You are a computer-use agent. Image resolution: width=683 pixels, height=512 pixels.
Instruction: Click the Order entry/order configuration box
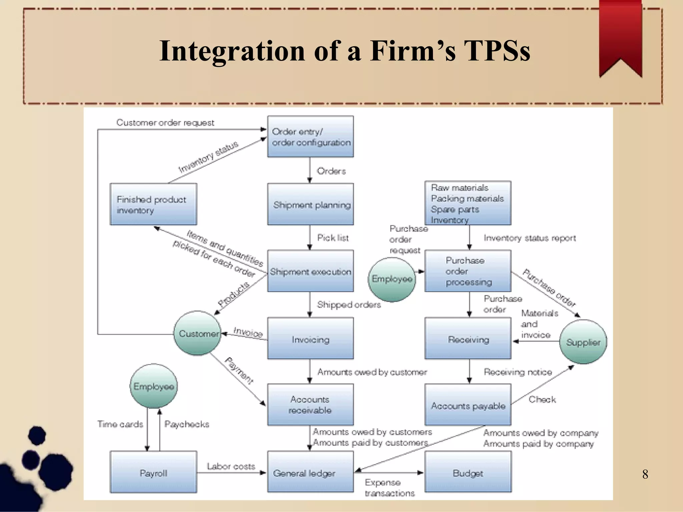[x=310, y=137]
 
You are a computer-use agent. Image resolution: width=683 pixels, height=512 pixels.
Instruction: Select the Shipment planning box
[x=310, y=204]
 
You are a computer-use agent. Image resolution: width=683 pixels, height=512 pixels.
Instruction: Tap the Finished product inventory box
[x=153, y=204]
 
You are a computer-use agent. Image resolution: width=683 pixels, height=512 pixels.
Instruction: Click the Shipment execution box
[x=310, y=271]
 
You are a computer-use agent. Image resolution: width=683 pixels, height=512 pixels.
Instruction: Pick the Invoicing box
[x=310, y=339]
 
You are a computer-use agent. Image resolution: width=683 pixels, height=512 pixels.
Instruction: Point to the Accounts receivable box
[x=310, y=405]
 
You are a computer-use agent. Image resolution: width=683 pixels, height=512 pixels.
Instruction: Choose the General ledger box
[x=310, y=472]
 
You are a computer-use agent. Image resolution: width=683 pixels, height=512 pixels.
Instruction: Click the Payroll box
[x=153, y=472]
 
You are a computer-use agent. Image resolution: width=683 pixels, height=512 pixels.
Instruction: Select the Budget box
[x=468, y=472]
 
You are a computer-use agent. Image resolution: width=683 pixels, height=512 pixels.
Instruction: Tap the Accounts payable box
[x=468, y=405]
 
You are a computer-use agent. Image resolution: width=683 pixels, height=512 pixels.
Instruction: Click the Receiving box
[x=468, y=339]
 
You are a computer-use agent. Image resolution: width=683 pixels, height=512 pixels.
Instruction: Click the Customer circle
[x=198, y=333]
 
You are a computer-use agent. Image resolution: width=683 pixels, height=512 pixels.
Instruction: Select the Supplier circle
[x=583, y=342]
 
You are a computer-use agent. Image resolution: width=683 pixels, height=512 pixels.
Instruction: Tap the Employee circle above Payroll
[x=153, y=386]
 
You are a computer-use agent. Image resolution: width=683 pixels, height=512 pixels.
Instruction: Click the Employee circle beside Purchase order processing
[x=392, y=279]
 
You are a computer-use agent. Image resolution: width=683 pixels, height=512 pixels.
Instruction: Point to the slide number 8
[x=645, y=474]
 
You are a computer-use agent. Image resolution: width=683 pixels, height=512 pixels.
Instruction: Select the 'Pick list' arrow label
[x=333, y=238]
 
